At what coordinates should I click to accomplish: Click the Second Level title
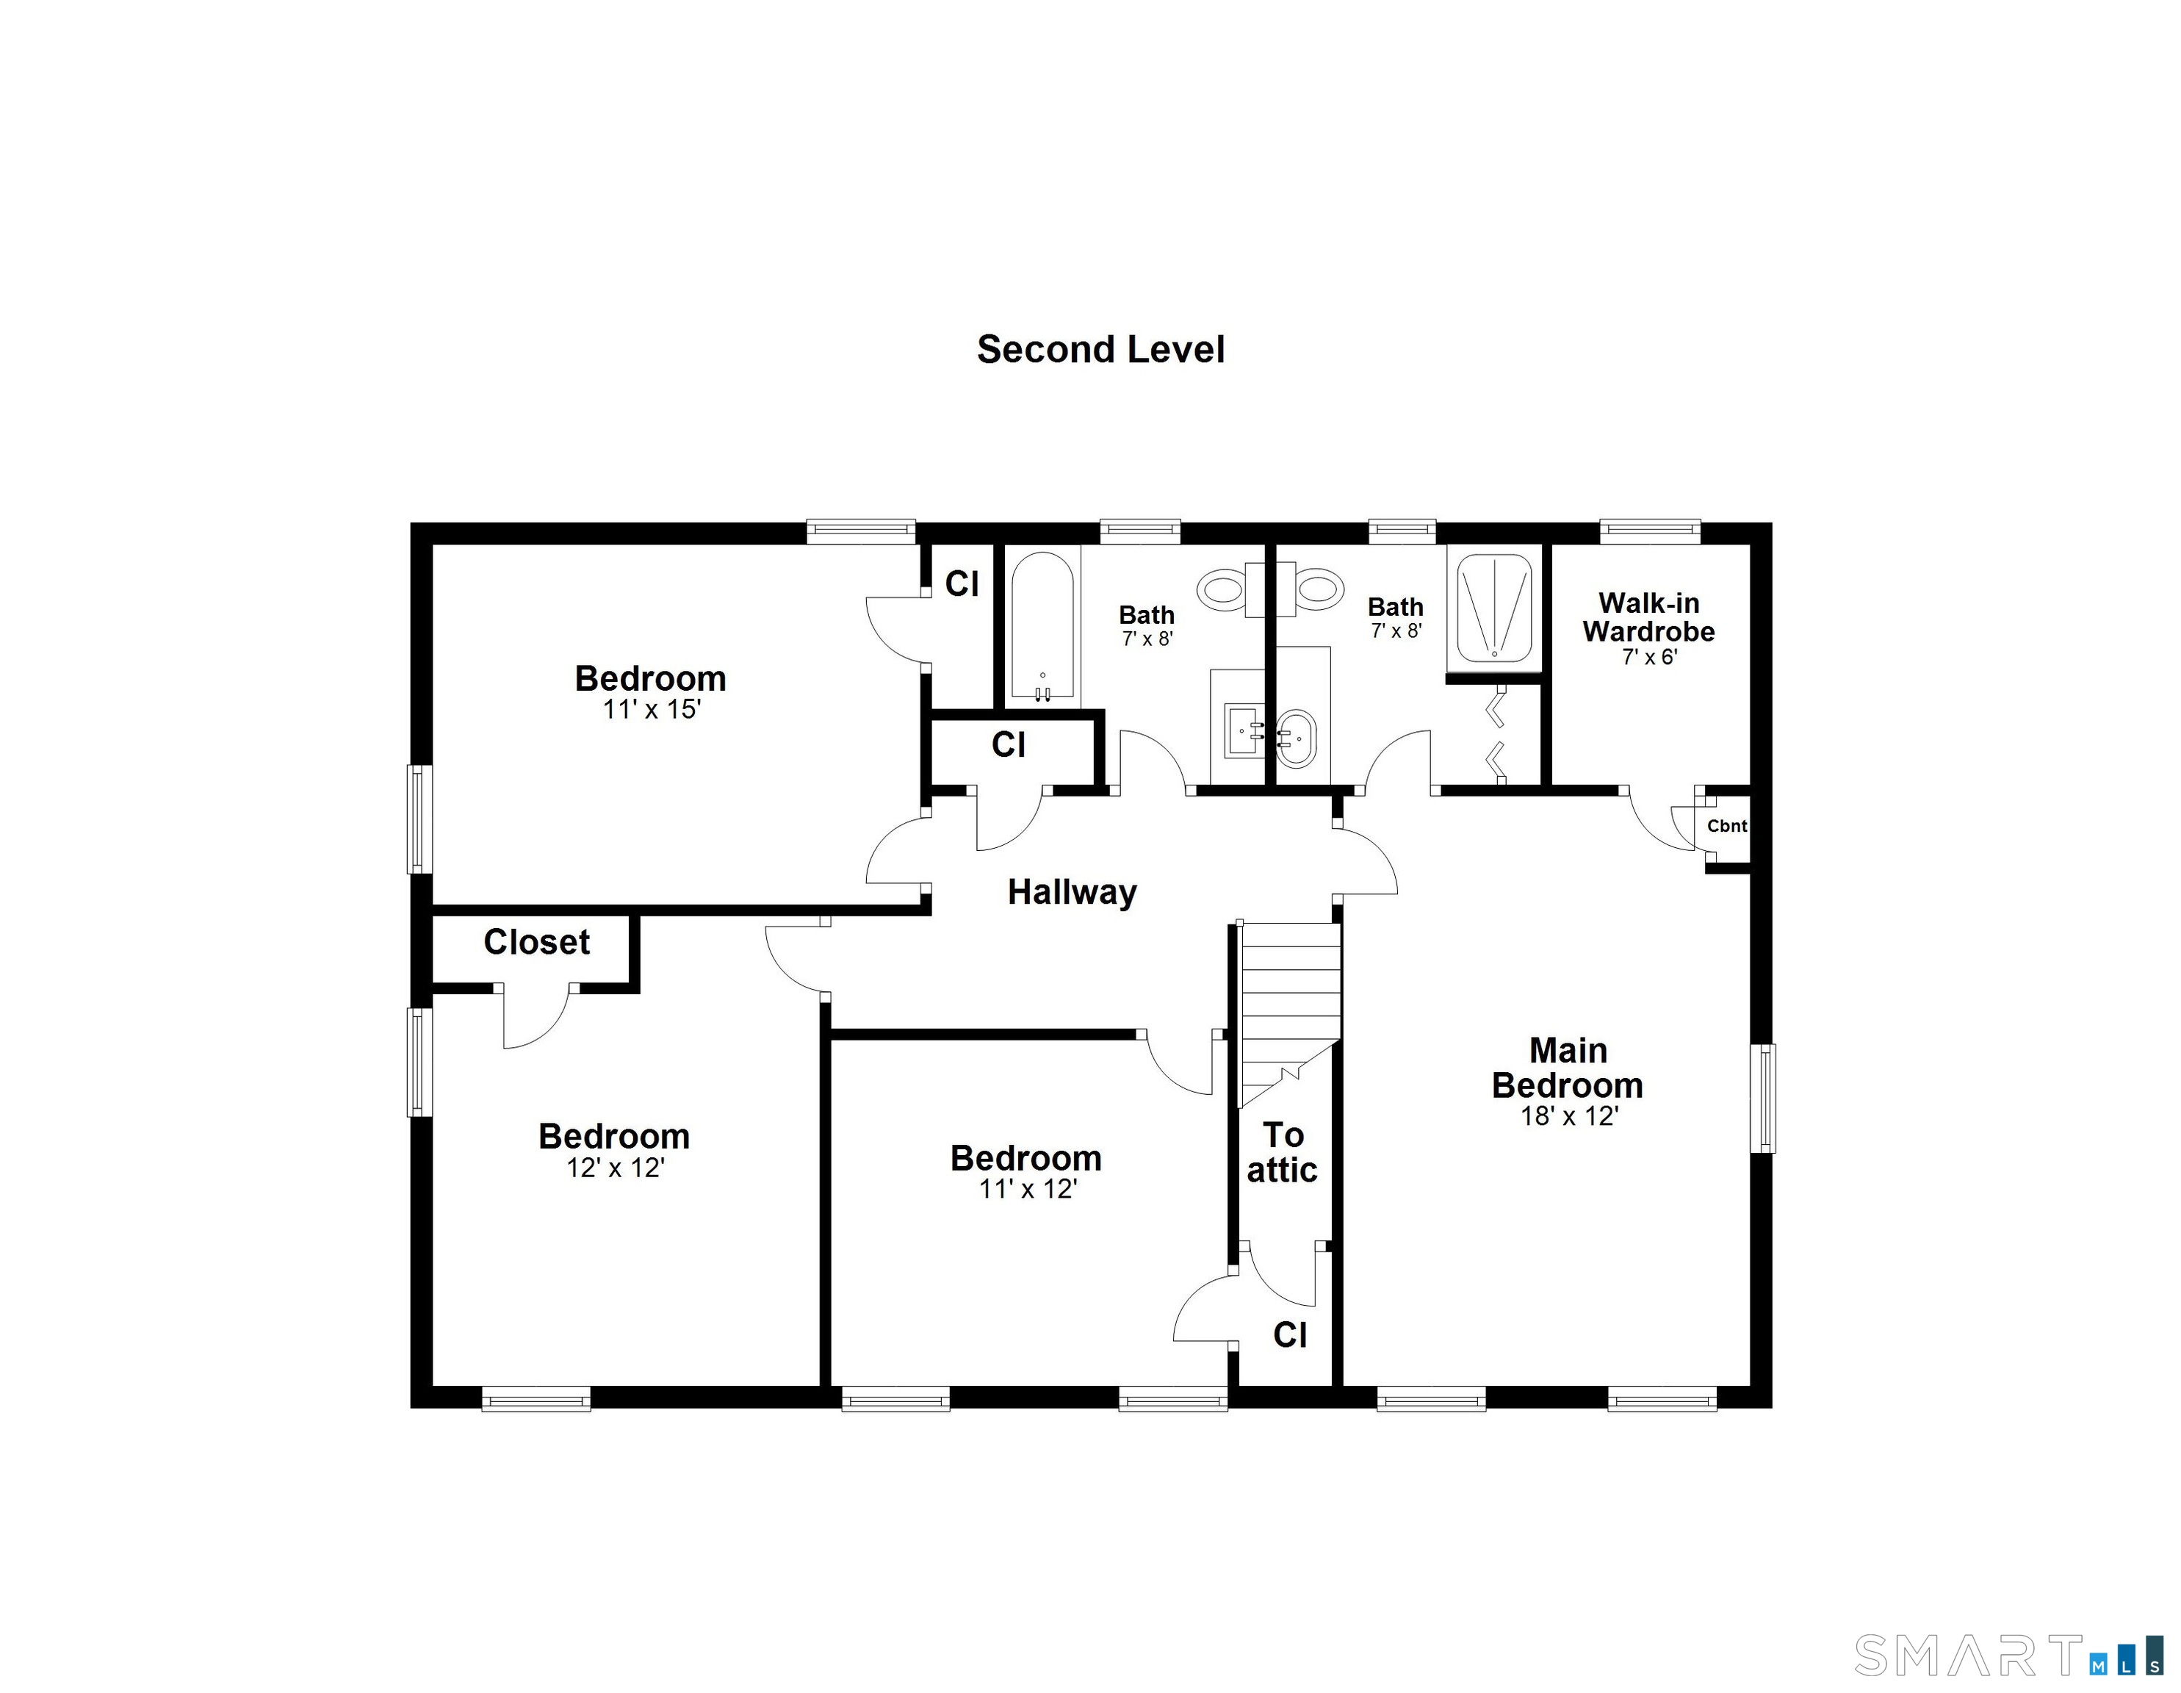[x=1100, y=350]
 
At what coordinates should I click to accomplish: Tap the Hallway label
[x=1072, y=892]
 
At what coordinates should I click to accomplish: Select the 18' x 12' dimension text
[x=1569, y=1117]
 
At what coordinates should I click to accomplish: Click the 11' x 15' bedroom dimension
[x=651, y=710]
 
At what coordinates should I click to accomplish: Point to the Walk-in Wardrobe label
[x=1648, y=617]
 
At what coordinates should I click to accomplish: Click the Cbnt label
[x=1726, y=826]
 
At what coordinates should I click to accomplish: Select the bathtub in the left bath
[x=1042, y=625]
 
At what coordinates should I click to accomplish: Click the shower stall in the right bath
[x=1494, y=608]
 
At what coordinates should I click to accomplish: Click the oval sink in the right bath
[x=1297, y=738]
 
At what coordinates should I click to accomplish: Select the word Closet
[x=536, y=942]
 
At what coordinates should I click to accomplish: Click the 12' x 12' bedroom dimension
[x=615, y=1168]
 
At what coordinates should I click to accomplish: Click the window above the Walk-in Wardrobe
[x=1650, y=531]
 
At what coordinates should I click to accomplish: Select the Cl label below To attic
[x=1290, y=1334]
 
